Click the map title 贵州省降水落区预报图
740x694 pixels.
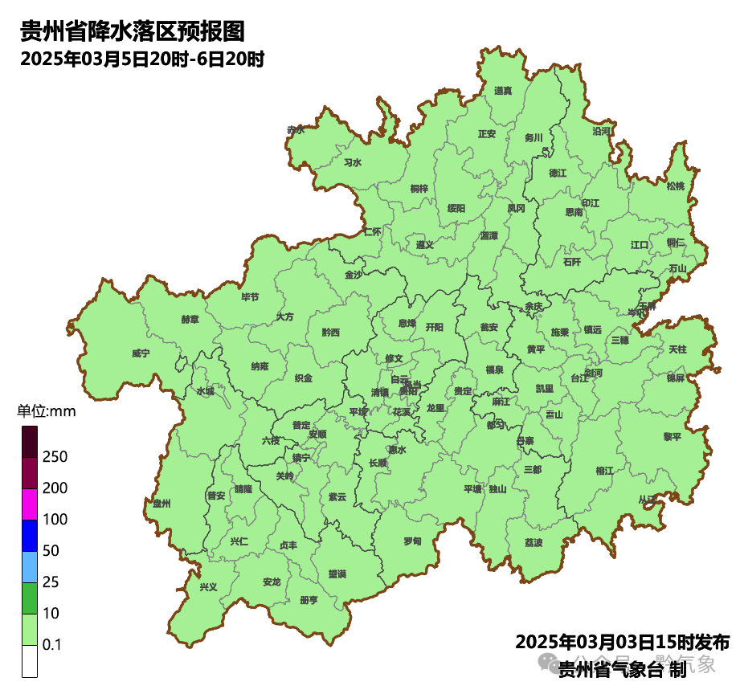pyautogui.click(x=133, y=31)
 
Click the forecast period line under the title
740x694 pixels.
pyautogui.click(x=142, y=59)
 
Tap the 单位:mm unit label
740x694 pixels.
pyautogui.click(x=47, y=412)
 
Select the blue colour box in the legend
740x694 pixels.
pyautogui.click(x=30, y=536)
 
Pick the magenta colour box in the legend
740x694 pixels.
pyautogui.click(x=30, y=504)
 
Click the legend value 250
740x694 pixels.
pyautogui.click(x=55, y=457)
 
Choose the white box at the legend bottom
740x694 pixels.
pyautogui.click(x=30, y=661)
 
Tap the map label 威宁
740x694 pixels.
pyautogui.click(x=141, y=353)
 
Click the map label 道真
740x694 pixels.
pyautogui.click(x=503, y=91)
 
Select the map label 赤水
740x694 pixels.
pyautogui.click(x=296, y=129)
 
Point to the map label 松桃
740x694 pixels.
pyautogui.click(x=676, y=186)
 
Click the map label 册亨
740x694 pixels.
pyautogui.click(x=309, y=600)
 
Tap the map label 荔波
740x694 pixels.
pyautogui.click(x=534, y=543)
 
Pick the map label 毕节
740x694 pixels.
pyautogui.click(x=250, y=297)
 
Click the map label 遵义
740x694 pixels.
pyautogui.click(x=425, y=244)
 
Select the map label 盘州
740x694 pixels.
pyautogui.click(x=161, y=504)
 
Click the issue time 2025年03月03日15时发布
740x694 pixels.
pyautogui.click(x=622, y=643)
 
